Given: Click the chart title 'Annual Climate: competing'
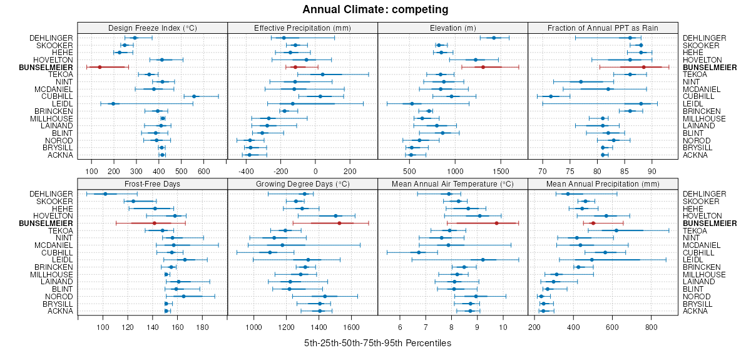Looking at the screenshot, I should coord(375,9).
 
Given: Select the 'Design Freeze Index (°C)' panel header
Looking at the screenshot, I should coord(153,28).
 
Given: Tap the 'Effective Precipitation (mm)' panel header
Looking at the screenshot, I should coord(302,28).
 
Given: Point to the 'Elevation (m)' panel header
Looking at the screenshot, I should coord(452,28).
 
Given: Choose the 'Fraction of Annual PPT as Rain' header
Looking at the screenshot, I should coord(603,28).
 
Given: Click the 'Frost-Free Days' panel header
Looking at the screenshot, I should coord(153,183).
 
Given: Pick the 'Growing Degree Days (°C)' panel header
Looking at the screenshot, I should coord(302,183).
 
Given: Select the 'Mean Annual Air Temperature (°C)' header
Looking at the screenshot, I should coord(452,183).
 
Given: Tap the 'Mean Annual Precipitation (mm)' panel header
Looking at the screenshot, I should coord(603,183).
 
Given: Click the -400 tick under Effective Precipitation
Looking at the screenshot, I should coord(246,170).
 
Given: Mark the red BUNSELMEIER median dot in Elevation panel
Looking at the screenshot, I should coord(483,67).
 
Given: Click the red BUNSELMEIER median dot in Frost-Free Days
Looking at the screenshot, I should coord(155,223).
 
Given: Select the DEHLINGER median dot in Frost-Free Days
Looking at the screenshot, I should coord(105,194).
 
